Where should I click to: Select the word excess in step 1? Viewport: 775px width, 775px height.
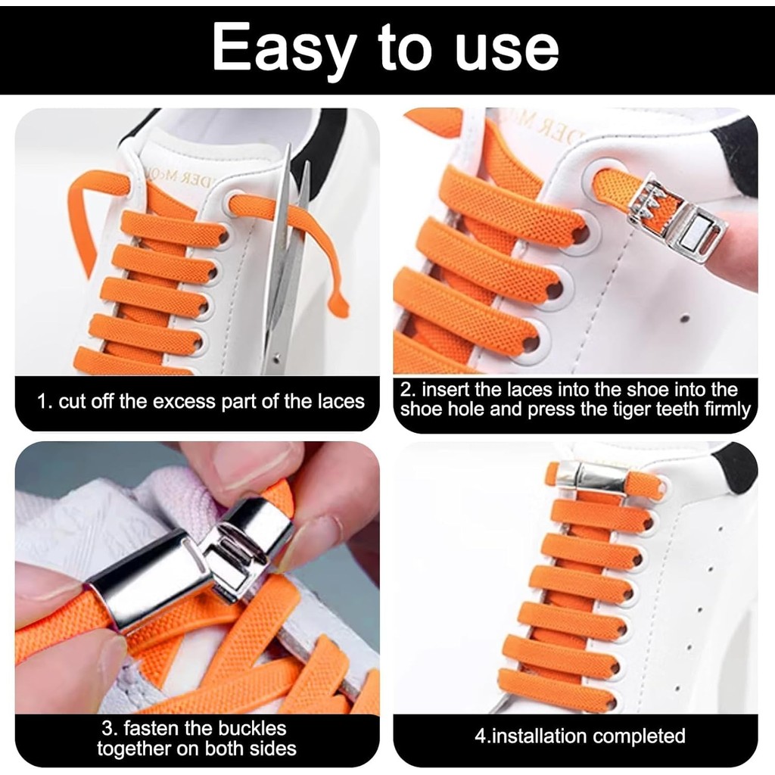tap(185, 401)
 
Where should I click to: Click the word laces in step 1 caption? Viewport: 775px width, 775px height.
tap(341, 401)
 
